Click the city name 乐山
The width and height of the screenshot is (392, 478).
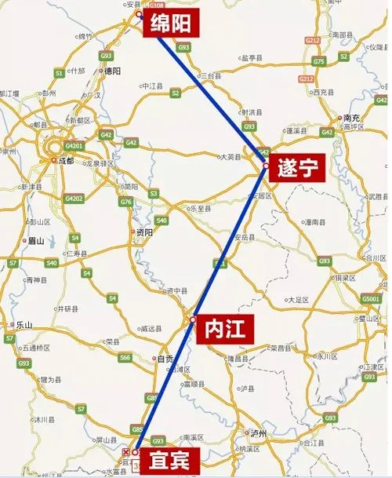[x=24, y=324]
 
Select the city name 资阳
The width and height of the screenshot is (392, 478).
[x=144, y=232]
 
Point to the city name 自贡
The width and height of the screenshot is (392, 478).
[x=165, y=359]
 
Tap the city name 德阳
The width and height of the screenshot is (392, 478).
[x=113, y=71]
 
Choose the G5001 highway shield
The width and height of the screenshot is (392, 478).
[x=371, y=299]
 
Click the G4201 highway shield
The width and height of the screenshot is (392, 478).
[x=74, y=145]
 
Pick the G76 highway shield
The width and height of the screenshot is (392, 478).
[x=125, y=202]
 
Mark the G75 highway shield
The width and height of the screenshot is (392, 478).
[x=318, y=61]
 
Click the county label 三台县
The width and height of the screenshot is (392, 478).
[x=212, y=75]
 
